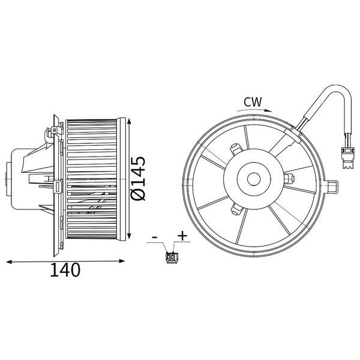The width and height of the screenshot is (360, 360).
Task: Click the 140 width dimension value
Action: click(65, 270)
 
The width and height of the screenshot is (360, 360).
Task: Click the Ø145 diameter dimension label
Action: click(138, 178)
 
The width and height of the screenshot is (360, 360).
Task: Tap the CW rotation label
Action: click(253, 102)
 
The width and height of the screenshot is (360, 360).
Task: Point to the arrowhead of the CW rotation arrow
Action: click(268, 110)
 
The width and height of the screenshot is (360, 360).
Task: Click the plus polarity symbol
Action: click(182, 236)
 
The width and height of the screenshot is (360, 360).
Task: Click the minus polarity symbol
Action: click(155, 237)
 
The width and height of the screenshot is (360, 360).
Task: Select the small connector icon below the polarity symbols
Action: click(172, 257)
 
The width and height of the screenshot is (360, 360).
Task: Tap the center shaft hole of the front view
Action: click(254, 179)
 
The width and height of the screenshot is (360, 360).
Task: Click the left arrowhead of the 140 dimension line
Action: click(9, 262)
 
